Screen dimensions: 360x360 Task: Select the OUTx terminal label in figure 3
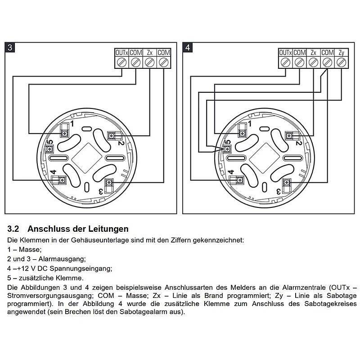(x=121, y=53)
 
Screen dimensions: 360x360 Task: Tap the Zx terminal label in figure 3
(x=150, y=53)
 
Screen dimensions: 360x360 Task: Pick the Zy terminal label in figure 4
(x=342, y=53)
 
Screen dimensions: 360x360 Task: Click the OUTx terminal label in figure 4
(x=285, y=53)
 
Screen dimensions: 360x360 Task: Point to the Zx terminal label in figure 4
(x=314, y=53)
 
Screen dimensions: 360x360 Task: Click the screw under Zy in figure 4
(x=342, y=63)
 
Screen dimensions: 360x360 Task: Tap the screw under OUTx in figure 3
(x=121, y=63)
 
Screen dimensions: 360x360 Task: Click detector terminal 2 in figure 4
(x=289, y=135)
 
